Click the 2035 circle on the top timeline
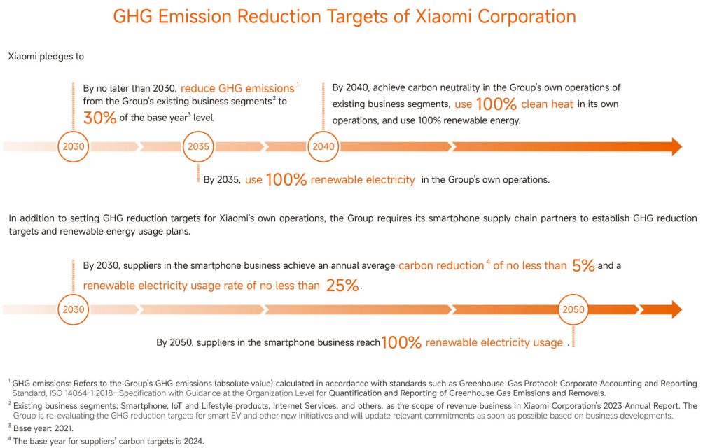[199, 147]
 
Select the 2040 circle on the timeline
[323, 147]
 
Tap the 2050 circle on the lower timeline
[573, 309]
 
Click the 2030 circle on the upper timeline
[74, 147]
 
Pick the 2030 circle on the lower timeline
[74, 309]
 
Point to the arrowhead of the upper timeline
[676, 146]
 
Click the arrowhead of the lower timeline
[676, 309]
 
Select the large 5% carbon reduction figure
[583, 265]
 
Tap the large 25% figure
[342, 286]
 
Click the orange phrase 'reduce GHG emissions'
[237, 89]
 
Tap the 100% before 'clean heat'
[496, 104]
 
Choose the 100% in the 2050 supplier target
[401, 342]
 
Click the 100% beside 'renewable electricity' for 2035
[286, 180]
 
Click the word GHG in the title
[137, 16]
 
